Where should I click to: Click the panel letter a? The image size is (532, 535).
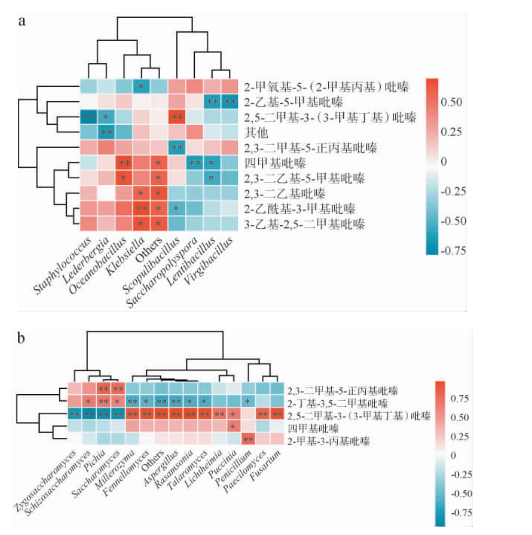(22, 22)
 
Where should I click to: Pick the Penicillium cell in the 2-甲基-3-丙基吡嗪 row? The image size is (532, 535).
(248, 439)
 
